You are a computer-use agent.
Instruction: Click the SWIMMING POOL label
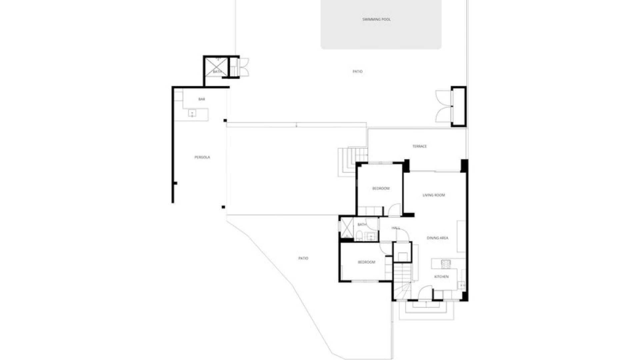coord(376,19)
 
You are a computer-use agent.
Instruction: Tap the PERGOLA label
coord(202,157)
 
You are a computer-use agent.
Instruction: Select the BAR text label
coord(201,99)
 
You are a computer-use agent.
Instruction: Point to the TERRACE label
coord(419,146)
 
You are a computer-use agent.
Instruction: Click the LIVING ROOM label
coord(434,195)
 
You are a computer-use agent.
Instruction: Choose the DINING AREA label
coord(437,238)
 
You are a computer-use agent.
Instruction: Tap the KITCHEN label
coord(441,277)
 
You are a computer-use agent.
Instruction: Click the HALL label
coord(396,228)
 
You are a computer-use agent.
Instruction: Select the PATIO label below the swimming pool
coord(357,71)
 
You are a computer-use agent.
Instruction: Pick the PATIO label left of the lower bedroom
coord(303,258)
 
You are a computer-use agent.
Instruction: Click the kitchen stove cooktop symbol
coord(446,264)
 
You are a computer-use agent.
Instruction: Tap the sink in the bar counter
coord(192,114)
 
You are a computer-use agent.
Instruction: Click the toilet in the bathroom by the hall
coord(359,237)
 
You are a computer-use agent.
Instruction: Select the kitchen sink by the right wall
coord(462,285)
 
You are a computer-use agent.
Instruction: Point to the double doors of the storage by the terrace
coord(443,107)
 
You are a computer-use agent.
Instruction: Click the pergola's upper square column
coord(225,121)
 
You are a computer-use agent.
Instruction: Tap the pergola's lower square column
coord(223,207)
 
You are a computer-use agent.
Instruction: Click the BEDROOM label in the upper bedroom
coord(381,188)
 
